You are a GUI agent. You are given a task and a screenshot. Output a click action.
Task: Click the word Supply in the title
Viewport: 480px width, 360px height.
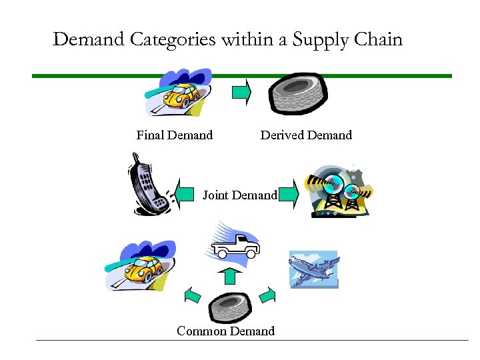(x=317, y=40)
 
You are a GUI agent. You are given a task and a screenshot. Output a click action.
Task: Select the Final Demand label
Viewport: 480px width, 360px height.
(x=174, y=135)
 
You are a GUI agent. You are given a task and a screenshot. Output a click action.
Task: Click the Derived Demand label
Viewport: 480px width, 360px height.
(x=306, y=135)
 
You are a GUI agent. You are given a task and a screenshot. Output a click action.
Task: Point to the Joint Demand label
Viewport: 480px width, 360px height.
(x=239, y=195)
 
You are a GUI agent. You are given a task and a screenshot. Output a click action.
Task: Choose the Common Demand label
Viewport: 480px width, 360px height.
(x=225, y=331)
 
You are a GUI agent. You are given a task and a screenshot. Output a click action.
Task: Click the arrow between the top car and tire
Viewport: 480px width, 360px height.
(x=241, y=93)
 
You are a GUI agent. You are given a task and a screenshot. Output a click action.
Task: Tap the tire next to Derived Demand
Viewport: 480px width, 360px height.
(x=297, y=94)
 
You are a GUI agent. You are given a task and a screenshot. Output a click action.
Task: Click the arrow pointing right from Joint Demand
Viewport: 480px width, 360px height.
(x=287, y=195)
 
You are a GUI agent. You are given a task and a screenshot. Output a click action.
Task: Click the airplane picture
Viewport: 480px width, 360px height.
(x=313, y=269)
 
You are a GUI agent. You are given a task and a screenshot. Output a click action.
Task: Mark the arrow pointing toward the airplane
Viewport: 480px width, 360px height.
(x=267, y=294)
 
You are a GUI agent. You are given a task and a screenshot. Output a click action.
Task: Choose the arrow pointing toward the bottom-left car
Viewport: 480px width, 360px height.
(x=192, y=294)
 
